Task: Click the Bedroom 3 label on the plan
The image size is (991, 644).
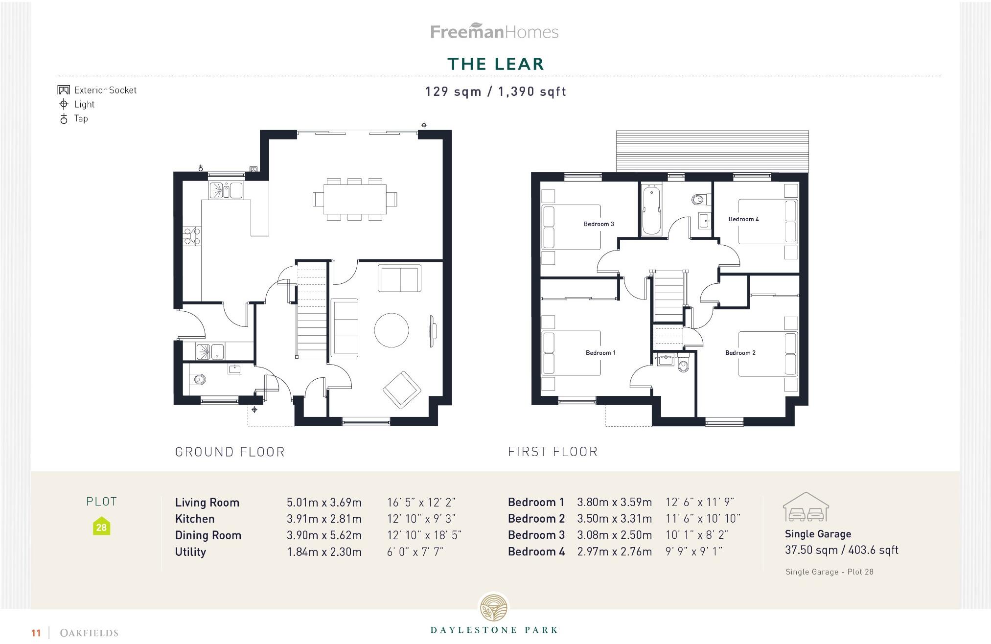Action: click(599, 224)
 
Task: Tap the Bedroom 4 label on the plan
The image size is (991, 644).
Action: click(743, 219)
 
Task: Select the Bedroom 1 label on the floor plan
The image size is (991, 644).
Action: click(600, 353)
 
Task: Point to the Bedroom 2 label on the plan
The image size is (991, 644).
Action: click(740, 353)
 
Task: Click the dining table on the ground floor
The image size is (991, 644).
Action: click(355, 199)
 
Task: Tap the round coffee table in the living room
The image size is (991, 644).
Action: click(392, 330)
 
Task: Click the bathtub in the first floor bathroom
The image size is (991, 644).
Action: click(651, 210)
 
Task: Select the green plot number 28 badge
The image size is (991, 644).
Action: click(101, 527)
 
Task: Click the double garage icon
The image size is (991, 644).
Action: click(806, 507)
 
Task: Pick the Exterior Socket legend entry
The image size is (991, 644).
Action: click(98, 90)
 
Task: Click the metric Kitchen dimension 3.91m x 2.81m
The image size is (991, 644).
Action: click(324, 519)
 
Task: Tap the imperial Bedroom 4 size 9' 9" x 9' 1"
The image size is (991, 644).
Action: click(693, 552)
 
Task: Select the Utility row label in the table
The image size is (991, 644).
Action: click(190, 552)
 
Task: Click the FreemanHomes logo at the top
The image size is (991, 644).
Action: click(494, 32)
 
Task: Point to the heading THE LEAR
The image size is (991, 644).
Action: click(495, 64)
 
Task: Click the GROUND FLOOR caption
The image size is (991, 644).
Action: click(230, 452)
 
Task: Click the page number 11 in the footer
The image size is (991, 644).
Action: click(36, 633)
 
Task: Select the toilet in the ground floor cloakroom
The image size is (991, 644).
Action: click(198, 379)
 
